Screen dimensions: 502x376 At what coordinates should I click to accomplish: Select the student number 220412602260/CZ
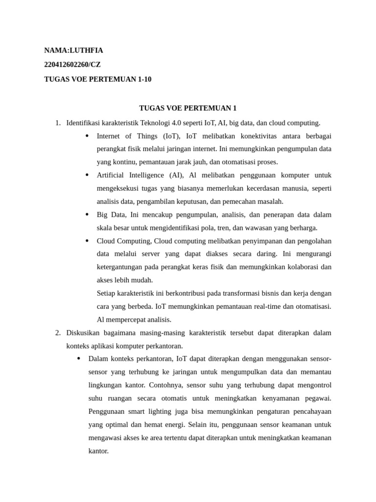point(72,65)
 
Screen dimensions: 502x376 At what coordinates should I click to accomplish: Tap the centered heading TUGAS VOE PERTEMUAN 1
point(188,108)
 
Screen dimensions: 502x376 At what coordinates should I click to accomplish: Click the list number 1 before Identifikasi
point(57,123)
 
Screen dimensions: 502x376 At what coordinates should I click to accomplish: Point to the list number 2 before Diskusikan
point(57,333)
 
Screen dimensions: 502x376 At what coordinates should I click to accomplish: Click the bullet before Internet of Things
point(87,136)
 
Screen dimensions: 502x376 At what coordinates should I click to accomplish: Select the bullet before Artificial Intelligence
point(87,175)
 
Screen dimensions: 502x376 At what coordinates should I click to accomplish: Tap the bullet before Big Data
point(87,215)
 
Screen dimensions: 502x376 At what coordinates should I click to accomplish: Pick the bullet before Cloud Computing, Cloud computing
point(87,241)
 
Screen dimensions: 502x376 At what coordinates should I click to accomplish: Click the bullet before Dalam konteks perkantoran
point(79,359)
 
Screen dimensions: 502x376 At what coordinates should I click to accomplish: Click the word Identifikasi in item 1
point(85,123)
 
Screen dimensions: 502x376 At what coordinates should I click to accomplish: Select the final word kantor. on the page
point(98,451)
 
